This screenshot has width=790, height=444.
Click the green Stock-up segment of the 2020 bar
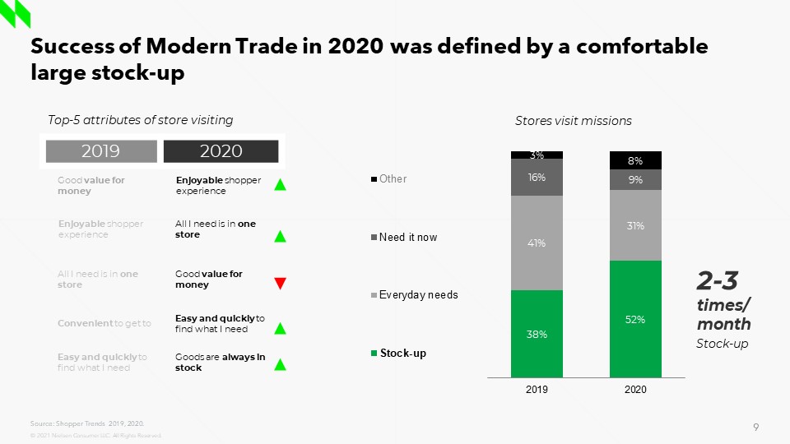point(635,319)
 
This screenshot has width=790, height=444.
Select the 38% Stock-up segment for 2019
point(537,334)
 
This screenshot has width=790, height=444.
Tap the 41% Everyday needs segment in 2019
point(537,243)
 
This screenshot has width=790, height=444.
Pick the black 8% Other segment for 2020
point(635,160)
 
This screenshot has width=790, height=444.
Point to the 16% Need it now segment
point(537,177)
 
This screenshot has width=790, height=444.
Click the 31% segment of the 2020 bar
point(635,224)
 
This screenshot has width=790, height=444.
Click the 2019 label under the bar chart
point(537,390)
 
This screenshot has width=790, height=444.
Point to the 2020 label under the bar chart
point(635,390)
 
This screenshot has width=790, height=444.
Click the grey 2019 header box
point(100,150)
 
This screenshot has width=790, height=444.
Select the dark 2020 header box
point(221,150)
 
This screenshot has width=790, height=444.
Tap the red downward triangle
point(280,284)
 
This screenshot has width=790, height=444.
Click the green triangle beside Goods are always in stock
point(280,364)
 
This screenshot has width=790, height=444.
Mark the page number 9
point(755,426)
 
